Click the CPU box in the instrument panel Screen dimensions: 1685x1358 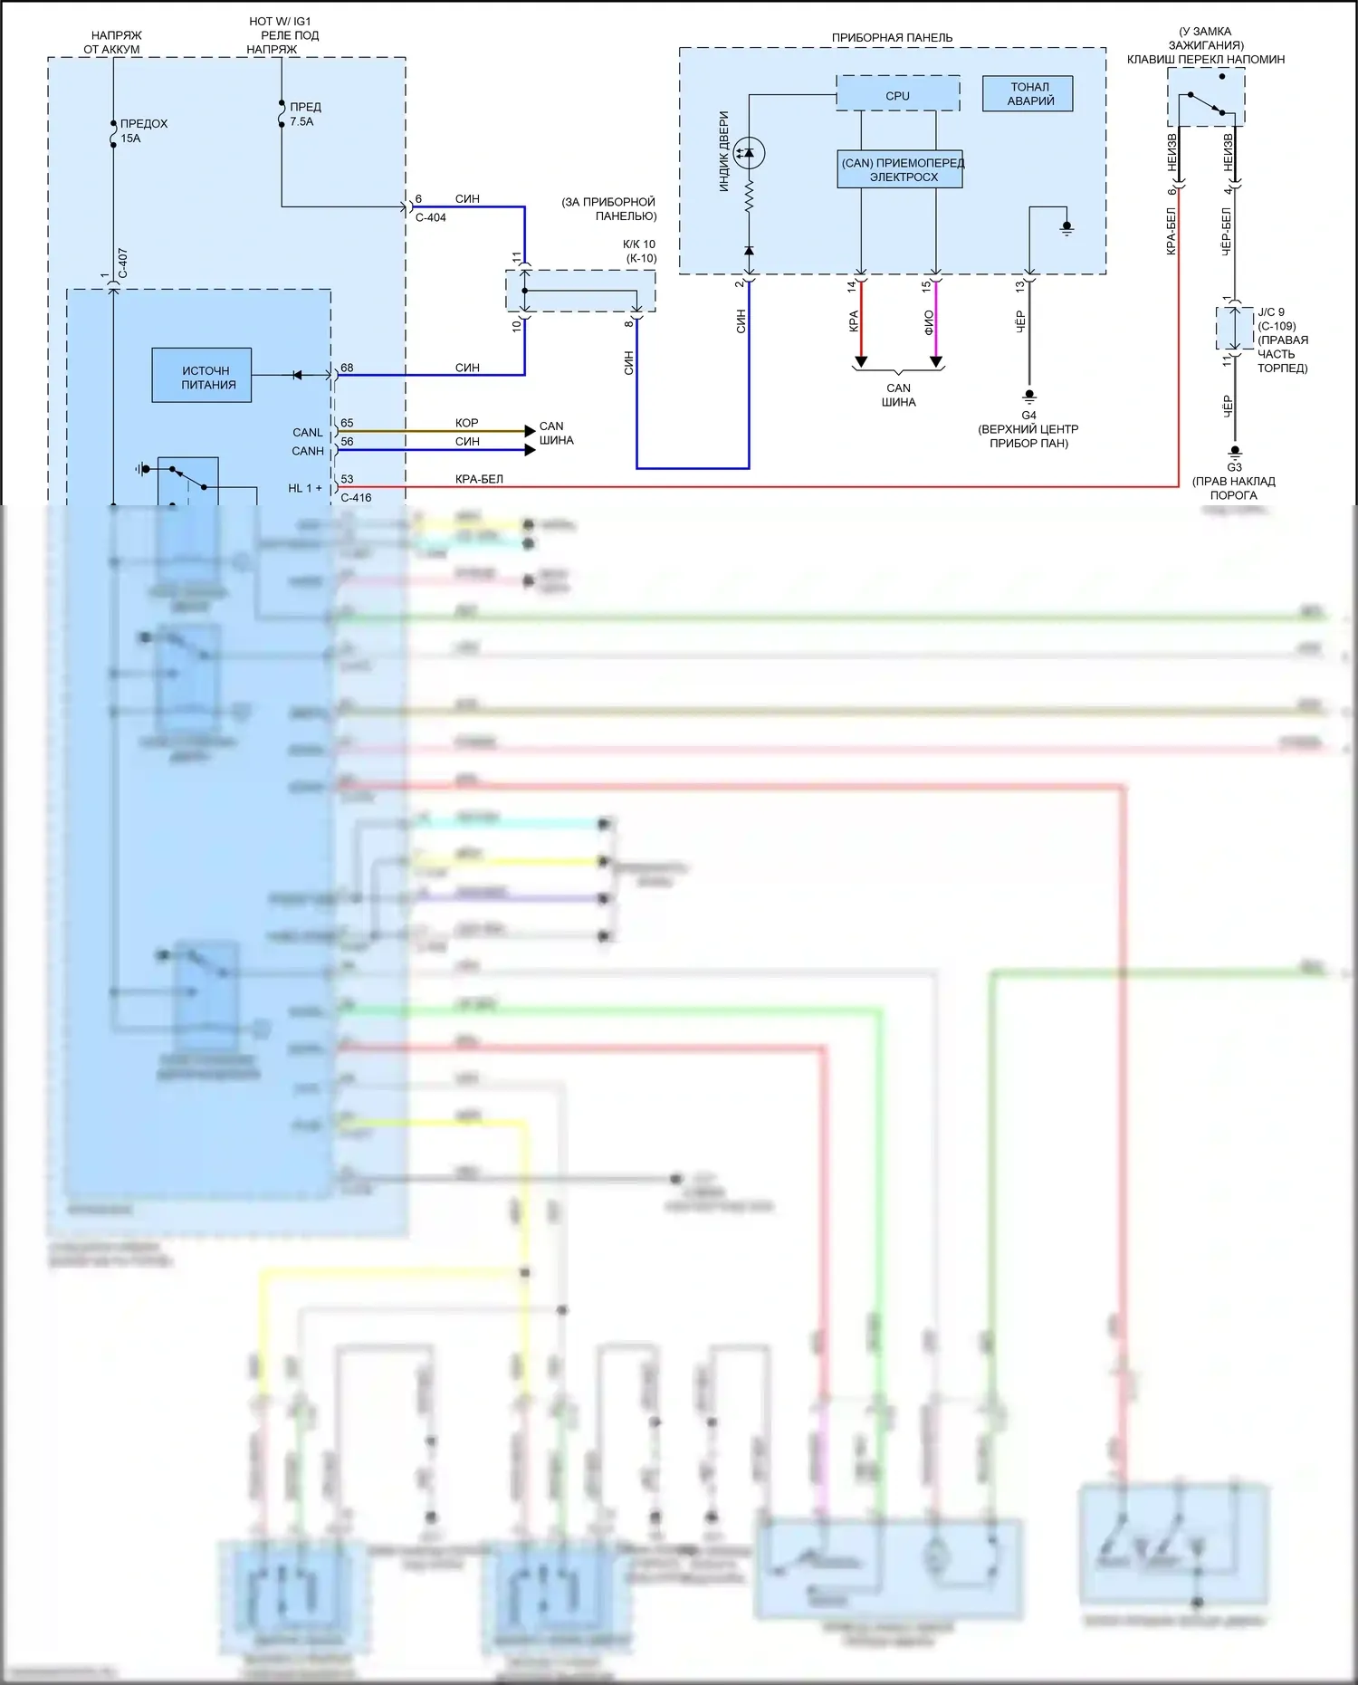[x=897, y=94]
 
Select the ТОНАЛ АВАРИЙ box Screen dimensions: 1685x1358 [x=1028, y=94]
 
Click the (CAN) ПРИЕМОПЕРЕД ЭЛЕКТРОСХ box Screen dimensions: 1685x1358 [x=900, y=169]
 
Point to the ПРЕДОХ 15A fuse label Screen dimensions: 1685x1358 [x=143, y=130]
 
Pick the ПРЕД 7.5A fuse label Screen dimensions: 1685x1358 [x=305, y=114]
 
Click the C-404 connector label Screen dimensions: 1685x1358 [x=431, y=217]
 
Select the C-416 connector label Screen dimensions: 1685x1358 [x=356, y=497]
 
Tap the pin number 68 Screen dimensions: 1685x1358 [x=347, y=368]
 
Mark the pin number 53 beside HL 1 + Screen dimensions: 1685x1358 [x=347, y=479]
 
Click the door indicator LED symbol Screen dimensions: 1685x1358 [x=749, y=153]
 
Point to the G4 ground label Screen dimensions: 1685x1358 [x=1028, y=416]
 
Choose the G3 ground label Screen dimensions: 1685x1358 [x=1234, y=467]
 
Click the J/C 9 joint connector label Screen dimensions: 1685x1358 [x=1271, y=312]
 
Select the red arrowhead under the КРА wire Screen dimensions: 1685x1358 [x=861, y=362]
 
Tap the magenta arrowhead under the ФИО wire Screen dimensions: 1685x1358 [x=936, y=362]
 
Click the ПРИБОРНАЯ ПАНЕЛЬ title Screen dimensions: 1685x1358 [x=892, y=38]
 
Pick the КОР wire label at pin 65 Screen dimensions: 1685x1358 [x=466, y=423]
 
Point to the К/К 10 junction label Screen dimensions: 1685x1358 [x=639, y=244]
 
